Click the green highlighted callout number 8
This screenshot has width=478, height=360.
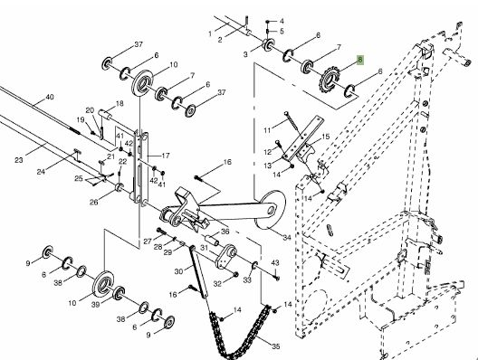[359, 60]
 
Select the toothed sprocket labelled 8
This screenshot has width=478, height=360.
[328, 80]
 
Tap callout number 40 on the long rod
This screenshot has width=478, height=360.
[50, 97]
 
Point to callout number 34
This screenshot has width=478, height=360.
[287, 237]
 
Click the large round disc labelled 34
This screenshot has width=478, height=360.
[270, 209]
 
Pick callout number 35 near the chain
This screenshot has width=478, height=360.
[275, 346]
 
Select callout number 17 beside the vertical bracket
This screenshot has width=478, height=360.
[166, 156]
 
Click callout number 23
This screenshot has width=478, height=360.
[19, 159]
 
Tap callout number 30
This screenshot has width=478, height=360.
[179, 271]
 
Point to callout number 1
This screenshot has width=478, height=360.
[210, 33]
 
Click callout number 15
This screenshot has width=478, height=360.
[326, 137]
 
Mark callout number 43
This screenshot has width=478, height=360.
[275, 262]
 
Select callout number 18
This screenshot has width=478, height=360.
[119, 103]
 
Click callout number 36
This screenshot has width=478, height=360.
[225, 232]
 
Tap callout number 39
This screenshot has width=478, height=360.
[95, 304]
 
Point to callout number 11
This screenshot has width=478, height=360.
[267, 130]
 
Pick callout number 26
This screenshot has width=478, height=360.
[93, 202]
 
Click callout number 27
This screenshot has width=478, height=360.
[148, 242]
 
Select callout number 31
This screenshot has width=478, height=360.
[204, 248]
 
